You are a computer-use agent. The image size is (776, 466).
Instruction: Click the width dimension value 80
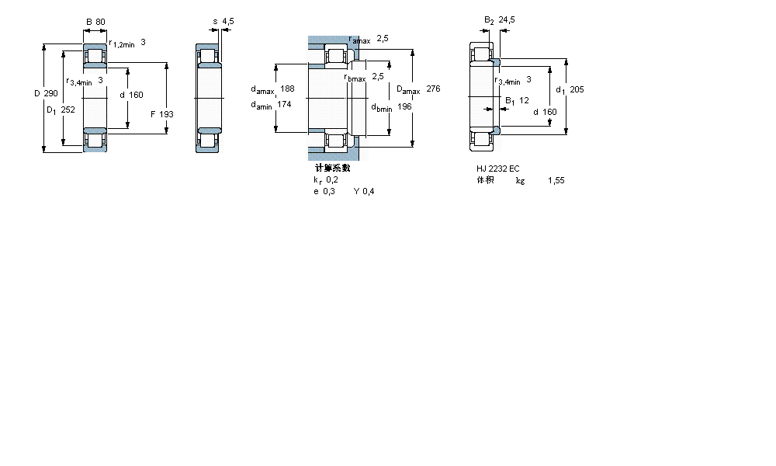coord(101,21)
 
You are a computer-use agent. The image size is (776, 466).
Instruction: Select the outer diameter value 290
coord(51,94)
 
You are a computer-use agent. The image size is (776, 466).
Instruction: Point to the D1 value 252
coord(68,110)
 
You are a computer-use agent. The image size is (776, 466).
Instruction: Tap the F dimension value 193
coord(167,114)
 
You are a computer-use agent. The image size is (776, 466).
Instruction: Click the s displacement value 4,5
coord(228,21)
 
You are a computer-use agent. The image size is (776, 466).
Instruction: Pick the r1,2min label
coord(122,44)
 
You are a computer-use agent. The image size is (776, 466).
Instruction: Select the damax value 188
coord(288,89)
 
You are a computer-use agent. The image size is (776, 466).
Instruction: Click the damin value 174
coord(284,105)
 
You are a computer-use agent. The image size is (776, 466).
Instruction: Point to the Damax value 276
coord(433,89)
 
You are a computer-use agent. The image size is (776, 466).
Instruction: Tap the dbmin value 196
coord(404,106)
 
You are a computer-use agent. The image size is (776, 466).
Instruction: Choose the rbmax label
coord(355,77)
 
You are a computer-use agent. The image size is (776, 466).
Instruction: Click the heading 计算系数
coord(332,168)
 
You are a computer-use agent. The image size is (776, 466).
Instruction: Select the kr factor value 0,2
coord(332,179)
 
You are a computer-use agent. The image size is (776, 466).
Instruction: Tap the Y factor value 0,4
coord(369,192)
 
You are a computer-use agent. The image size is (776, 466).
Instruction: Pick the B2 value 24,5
coord(507,20)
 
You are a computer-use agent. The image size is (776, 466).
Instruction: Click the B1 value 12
coord(524,100)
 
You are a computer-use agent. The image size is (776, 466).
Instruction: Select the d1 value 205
coord(577,89)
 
